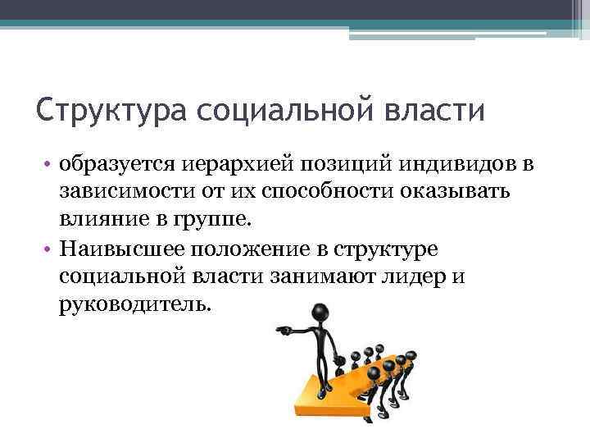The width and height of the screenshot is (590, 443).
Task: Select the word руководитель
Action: point(134,303)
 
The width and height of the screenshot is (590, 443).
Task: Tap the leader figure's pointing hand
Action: point(280,331)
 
